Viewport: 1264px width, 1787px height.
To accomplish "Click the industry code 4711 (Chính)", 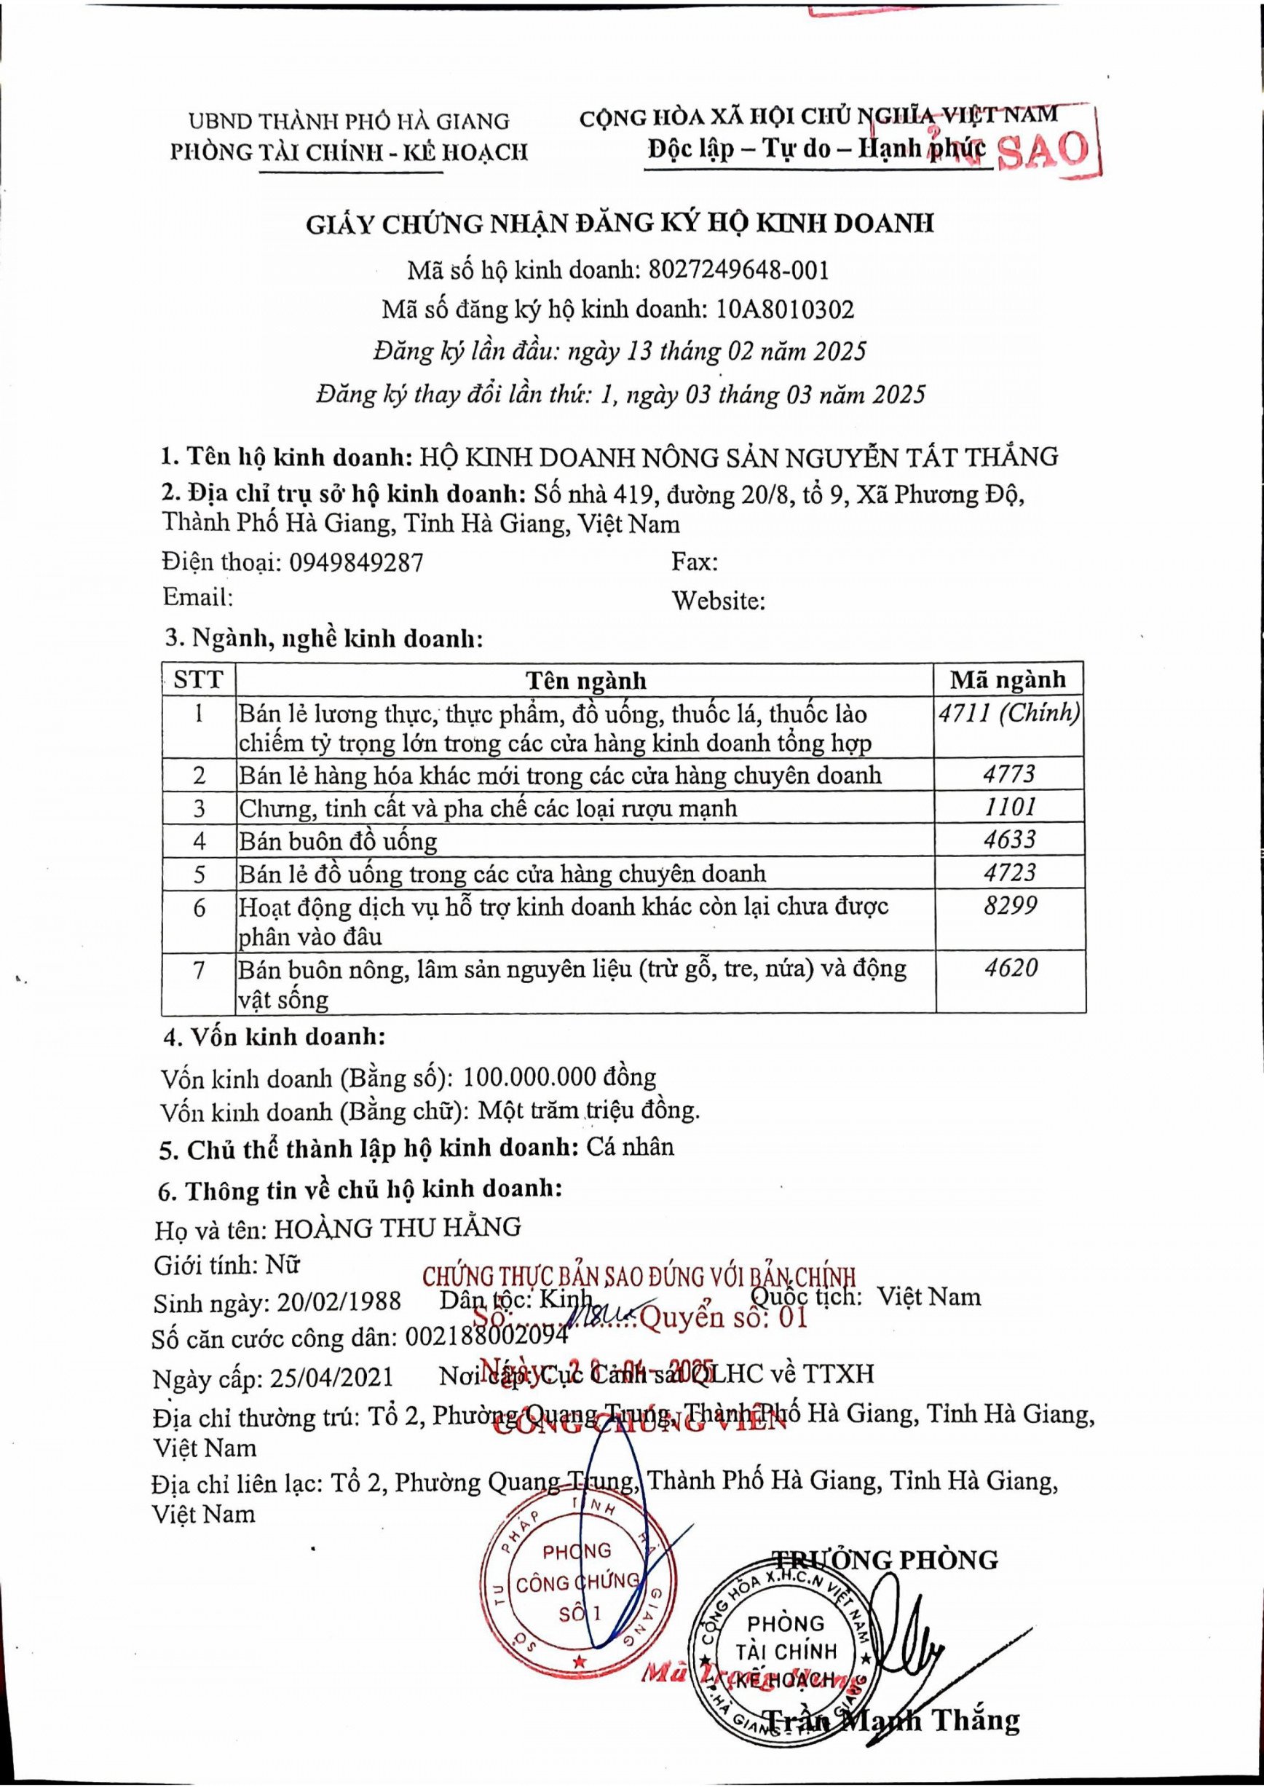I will [x=1008, y=714].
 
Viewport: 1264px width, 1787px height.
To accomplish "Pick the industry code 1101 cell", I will [x=1008, y=807].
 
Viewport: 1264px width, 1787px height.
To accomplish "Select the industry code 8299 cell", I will [x=1008, y=906].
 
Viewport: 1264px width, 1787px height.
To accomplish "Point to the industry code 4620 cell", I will [x=1008, y=969].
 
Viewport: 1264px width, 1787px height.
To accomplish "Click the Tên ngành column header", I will [x=585, y=681].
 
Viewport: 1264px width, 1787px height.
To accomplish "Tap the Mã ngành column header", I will [x=1008, y=679].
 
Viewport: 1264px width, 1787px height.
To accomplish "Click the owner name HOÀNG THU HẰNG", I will [x=398, y=1228].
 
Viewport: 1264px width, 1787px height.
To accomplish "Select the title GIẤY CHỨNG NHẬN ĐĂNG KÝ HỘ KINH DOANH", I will [x=619, y=224].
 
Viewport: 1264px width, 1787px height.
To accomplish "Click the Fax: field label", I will [x=695, y=562].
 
